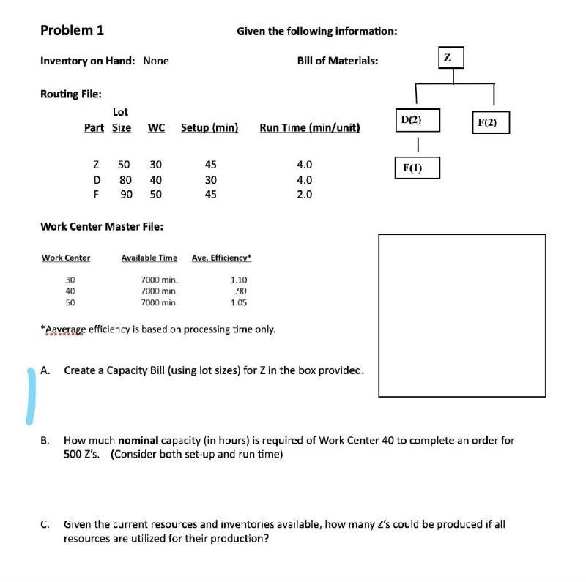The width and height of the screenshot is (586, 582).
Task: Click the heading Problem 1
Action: pyautogui.click(x=72, y=30)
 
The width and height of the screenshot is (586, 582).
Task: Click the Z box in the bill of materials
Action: pyautogui.click(x=448, y=57)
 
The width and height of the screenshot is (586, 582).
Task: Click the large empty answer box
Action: pyautogui.click(x=461, y=316)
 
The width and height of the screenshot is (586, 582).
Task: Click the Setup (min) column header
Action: pyautogui.click(x=209, y=127)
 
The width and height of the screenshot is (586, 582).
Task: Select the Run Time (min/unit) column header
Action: pyautogui.click(x=309, y=127)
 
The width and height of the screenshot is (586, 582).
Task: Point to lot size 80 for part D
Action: pyautogui.click(x=125, y=179)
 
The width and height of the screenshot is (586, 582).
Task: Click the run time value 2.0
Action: pyautogui.click(x=304, y=194)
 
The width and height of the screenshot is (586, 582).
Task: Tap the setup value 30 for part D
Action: pyautogui.click(x=210, y=179)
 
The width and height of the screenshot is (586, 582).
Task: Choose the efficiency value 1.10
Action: pyautogui.click(x=238, y=280)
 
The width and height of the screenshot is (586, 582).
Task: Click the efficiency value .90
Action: pyautogui.click(x=238, y=291)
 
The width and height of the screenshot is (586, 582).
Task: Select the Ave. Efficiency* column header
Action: pyautogui.click(x=221, y=258)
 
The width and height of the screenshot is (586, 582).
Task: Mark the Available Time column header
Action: pyautogui.click(x=149, y=258)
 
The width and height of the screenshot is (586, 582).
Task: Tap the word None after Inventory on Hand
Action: pyautogui.click(x=156, y=61)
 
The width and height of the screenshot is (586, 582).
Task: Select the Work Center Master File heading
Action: pyautogui.click(x=101, y=226)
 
